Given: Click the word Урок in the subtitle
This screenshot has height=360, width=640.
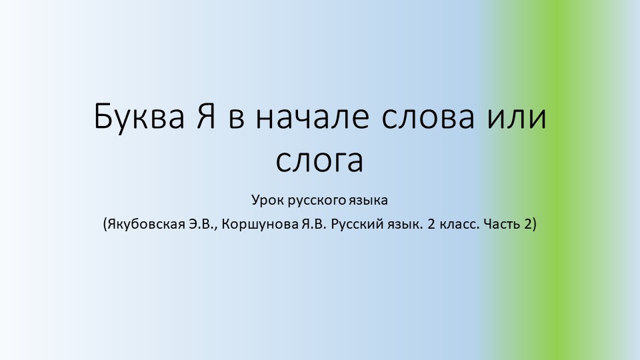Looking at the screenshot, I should click(267, 200).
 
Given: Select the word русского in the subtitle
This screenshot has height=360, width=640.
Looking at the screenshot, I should click(313, 200).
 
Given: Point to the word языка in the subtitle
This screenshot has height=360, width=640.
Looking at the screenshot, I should click(367, 200).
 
